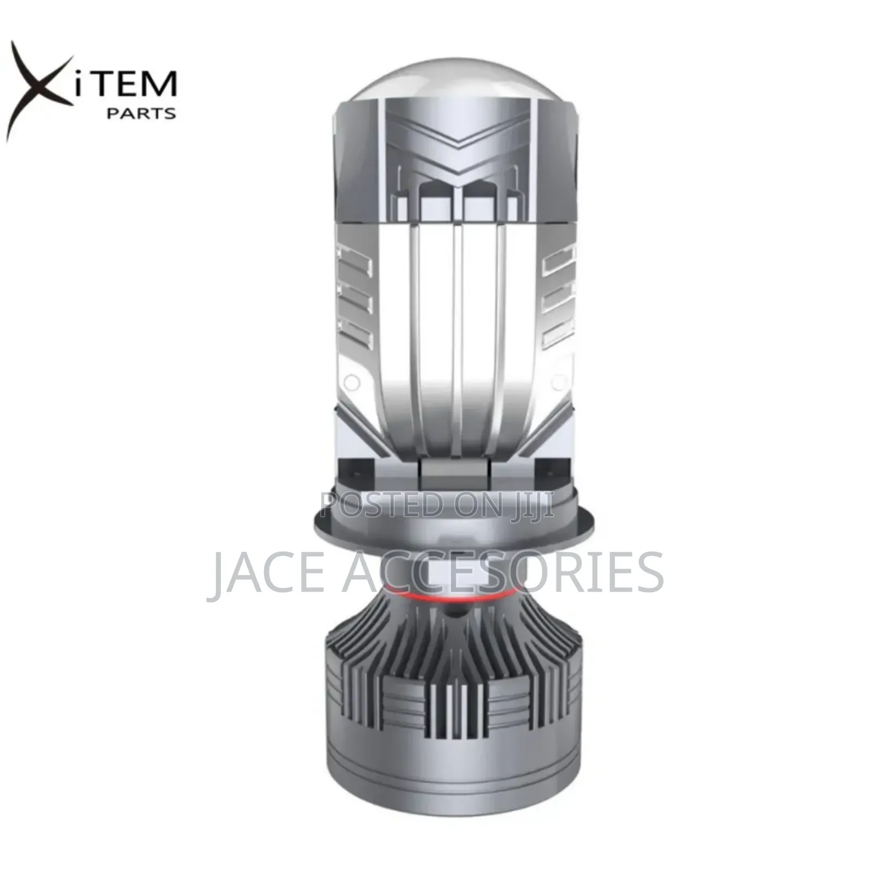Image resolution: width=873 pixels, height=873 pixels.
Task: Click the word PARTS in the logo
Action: pyautogui.click(x=141, y=113)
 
